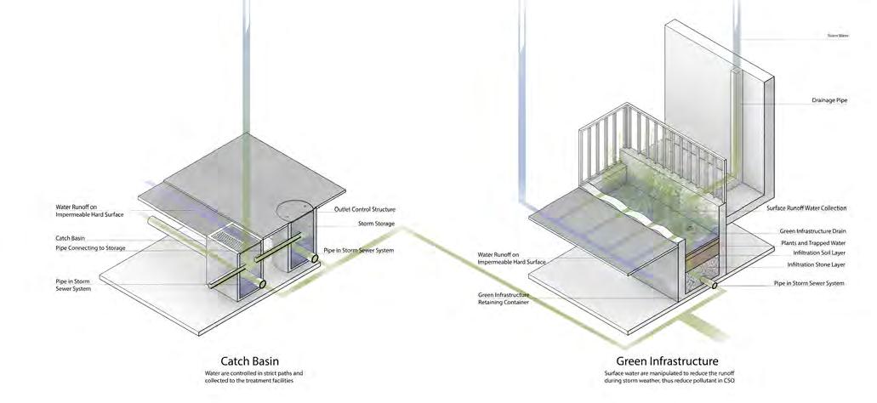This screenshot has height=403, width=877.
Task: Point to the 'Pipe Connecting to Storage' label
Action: coord(91,247)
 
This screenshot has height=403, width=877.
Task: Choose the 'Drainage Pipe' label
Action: coord(829,100)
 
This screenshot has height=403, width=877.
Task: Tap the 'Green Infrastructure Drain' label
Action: coord(813,230)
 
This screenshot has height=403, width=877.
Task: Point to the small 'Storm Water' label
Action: coord(839,36)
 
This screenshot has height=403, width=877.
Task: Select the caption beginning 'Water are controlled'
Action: coord(253,377)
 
